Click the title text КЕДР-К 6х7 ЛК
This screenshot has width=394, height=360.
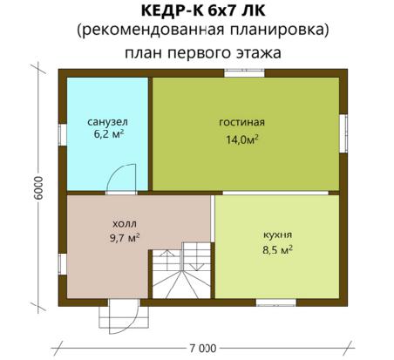click(203, 10)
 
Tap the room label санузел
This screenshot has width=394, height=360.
click(107, 122)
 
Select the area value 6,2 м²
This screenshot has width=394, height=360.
click(109, 134)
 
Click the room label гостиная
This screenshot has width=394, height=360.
click(241, 122)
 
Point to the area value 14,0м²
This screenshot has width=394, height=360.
click(242, 139)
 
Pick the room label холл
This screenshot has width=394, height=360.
click(125, 224)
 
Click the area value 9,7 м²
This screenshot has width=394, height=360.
click(125, 238)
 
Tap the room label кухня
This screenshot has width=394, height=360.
click(277, 234)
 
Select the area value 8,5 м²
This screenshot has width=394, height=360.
click(277, 249)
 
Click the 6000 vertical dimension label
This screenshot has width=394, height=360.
click(38, 187)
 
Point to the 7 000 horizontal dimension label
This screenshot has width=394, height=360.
click(203, 348)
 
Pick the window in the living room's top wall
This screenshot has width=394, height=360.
click(244, 72)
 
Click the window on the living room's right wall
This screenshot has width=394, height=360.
click(343, 133)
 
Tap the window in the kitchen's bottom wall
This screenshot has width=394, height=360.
click(276, 302)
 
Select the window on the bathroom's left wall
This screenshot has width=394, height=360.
click(63, 135)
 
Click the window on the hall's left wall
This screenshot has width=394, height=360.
click(63, 264)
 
